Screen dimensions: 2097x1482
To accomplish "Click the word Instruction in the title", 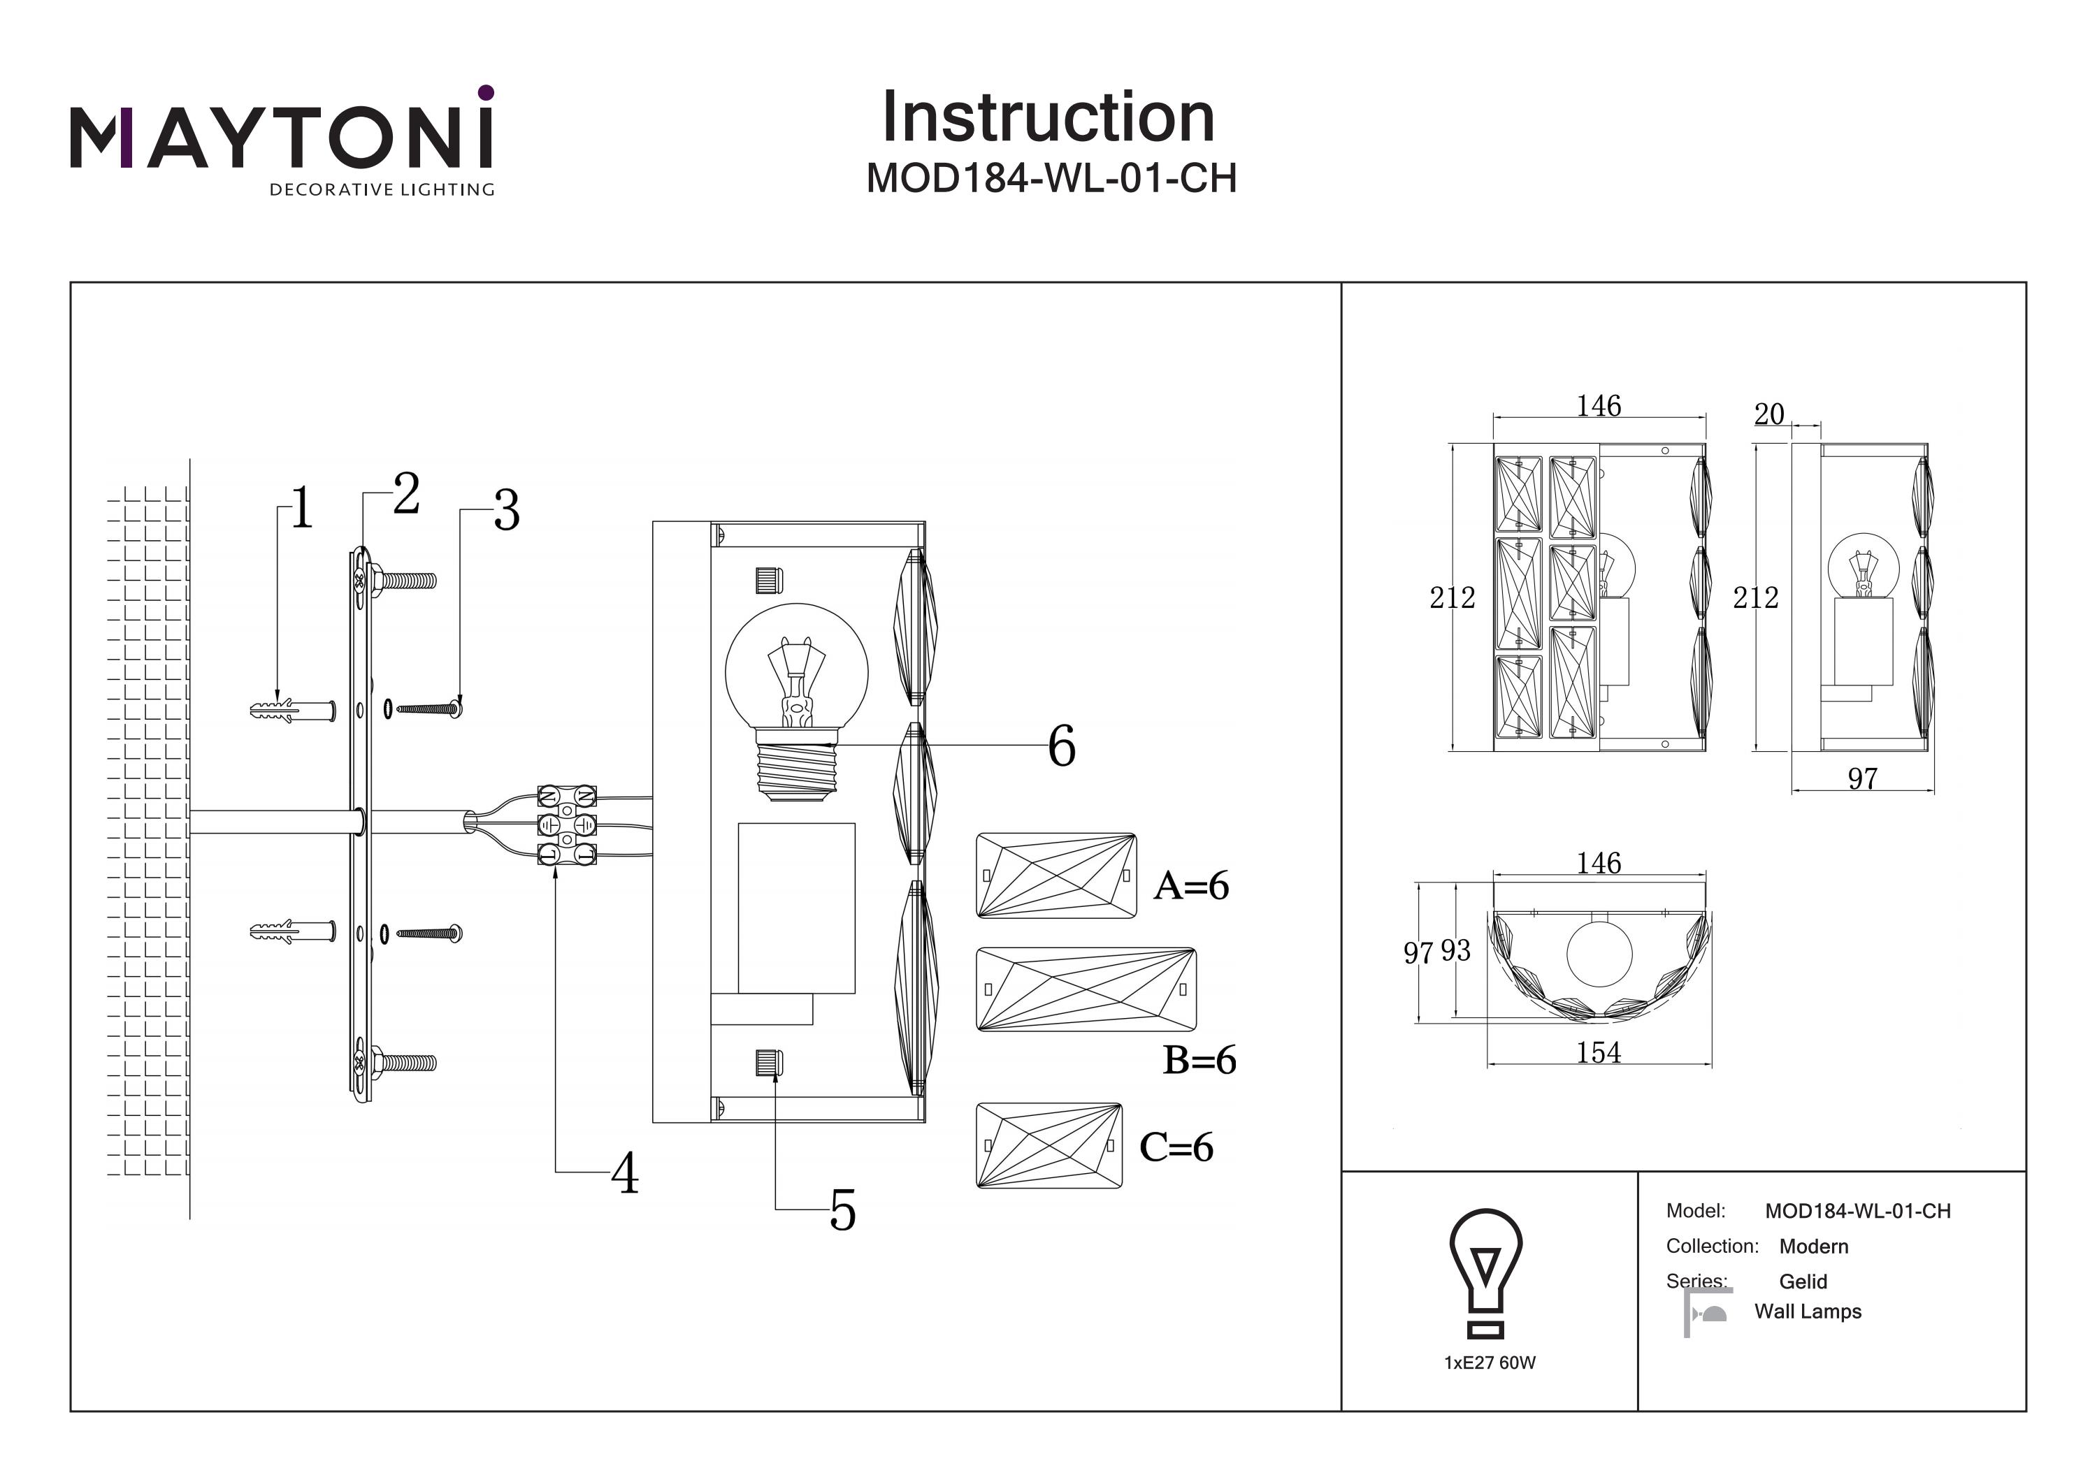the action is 1048,118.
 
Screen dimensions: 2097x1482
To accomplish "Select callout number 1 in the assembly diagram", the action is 302,509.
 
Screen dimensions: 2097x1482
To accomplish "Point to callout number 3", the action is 507,511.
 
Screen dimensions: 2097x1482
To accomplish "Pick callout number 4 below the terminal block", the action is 625,1173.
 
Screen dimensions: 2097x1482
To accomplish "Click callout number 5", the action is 842,1211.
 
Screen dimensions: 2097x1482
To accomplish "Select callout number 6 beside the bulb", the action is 1061,746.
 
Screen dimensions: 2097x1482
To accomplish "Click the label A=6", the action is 1191,886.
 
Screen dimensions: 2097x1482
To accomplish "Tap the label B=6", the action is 1199,1060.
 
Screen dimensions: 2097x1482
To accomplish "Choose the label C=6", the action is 1176,1148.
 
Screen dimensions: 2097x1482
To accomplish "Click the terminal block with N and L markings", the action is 566,824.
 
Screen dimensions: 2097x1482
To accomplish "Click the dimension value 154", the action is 1599,1053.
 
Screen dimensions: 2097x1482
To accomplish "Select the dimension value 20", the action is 1769,414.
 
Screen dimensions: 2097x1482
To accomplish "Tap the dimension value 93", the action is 1456,950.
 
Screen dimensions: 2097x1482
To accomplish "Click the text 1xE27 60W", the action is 1490,1363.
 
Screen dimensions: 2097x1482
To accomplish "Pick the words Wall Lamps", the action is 1808,1312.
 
